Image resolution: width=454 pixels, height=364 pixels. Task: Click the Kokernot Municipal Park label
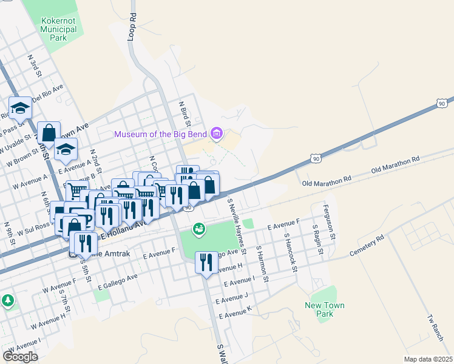(x=59, y=29)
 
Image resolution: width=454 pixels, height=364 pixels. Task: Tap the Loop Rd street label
(x=132, y=27)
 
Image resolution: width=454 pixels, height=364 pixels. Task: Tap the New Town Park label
(x=319, y=309)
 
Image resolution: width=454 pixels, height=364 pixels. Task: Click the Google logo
(x=20, y=356)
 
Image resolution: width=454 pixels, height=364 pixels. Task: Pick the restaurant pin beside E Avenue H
(x=206, y=262)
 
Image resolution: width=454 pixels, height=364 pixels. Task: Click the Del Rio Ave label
(x=48, y=95)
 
